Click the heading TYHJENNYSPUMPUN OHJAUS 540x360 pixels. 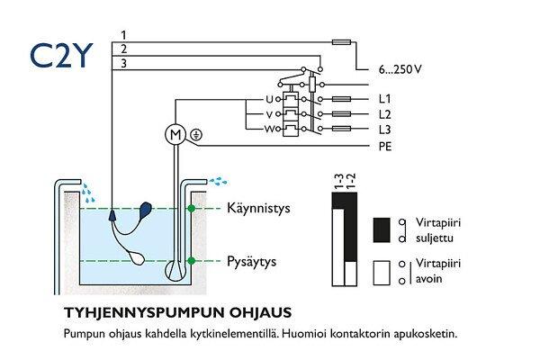tap(177, 312)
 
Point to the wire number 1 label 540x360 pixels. tap(123, 34)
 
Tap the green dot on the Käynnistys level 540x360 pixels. tap(191, 209)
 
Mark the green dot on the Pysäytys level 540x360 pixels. tap(191, 261)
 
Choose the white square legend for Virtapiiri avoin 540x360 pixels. tap(381, 270)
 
